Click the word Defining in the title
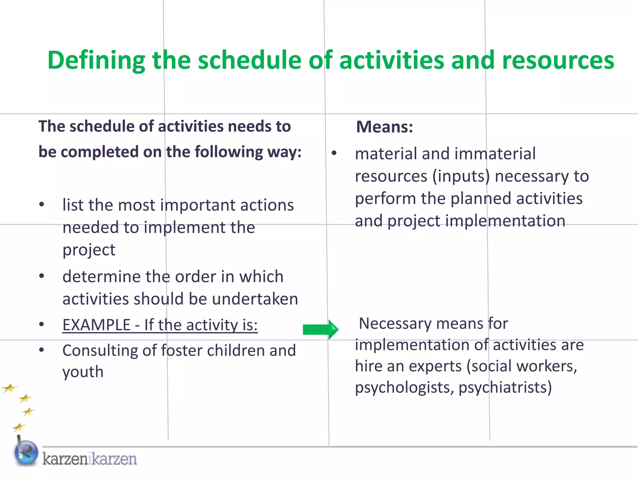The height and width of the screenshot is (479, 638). pos(96,60)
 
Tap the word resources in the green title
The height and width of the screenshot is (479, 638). pos(558,60)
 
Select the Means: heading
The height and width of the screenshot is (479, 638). pos(384,127)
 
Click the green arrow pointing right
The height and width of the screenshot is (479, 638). pos(321,330)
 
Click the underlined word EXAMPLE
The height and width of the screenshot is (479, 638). pos(96,325)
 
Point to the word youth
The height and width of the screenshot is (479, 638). pos(83,372)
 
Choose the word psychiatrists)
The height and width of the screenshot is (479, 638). pos(505,388)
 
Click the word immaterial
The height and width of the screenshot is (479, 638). pos(495,154)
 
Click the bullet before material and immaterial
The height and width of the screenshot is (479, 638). pos(334,153)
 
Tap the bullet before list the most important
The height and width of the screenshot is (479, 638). pos(42,205)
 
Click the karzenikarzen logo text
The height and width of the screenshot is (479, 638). pos(89,459)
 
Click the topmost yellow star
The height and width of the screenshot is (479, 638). pos(9,389)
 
